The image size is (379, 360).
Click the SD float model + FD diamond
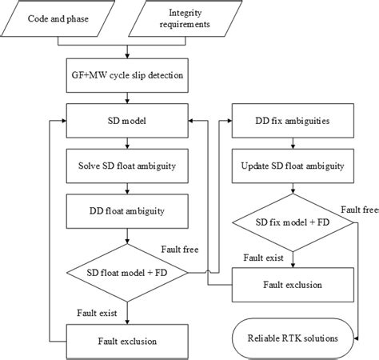(127, 273)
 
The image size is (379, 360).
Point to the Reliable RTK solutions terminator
(293, 337)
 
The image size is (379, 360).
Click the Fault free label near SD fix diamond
(358, 209)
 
